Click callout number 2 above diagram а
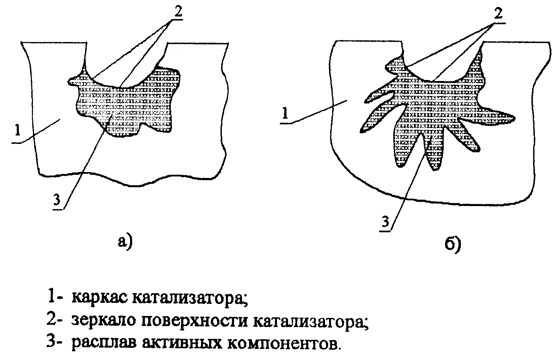[x=178, y=11]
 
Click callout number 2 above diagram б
[x=498, y=13]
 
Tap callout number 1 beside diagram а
[x=17, y=130]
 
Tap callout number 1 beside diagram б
[x=285, y=112]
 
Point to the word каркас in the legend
[x=99, y=298]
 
